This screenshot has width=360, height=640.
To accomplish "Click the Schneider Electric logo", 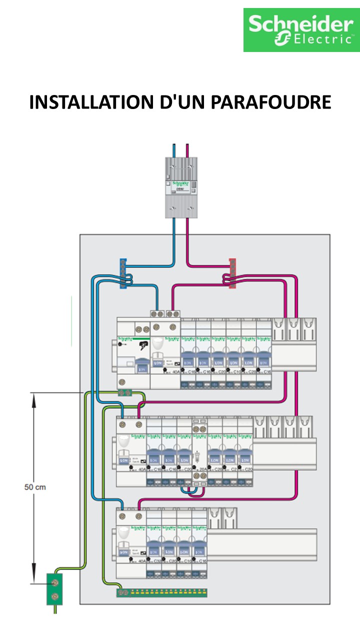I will click(301, 30).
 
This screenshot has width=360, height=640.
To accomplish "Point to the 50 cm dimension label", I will click(35, 486).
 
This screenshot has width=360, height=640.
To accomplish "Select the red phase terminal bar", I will click(232, 274).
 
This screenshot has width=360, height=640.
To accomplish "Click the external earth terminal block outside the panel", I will click(54, 589).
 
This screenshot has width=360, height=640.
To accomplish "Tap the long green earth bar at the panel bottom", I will click(162, 592).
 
